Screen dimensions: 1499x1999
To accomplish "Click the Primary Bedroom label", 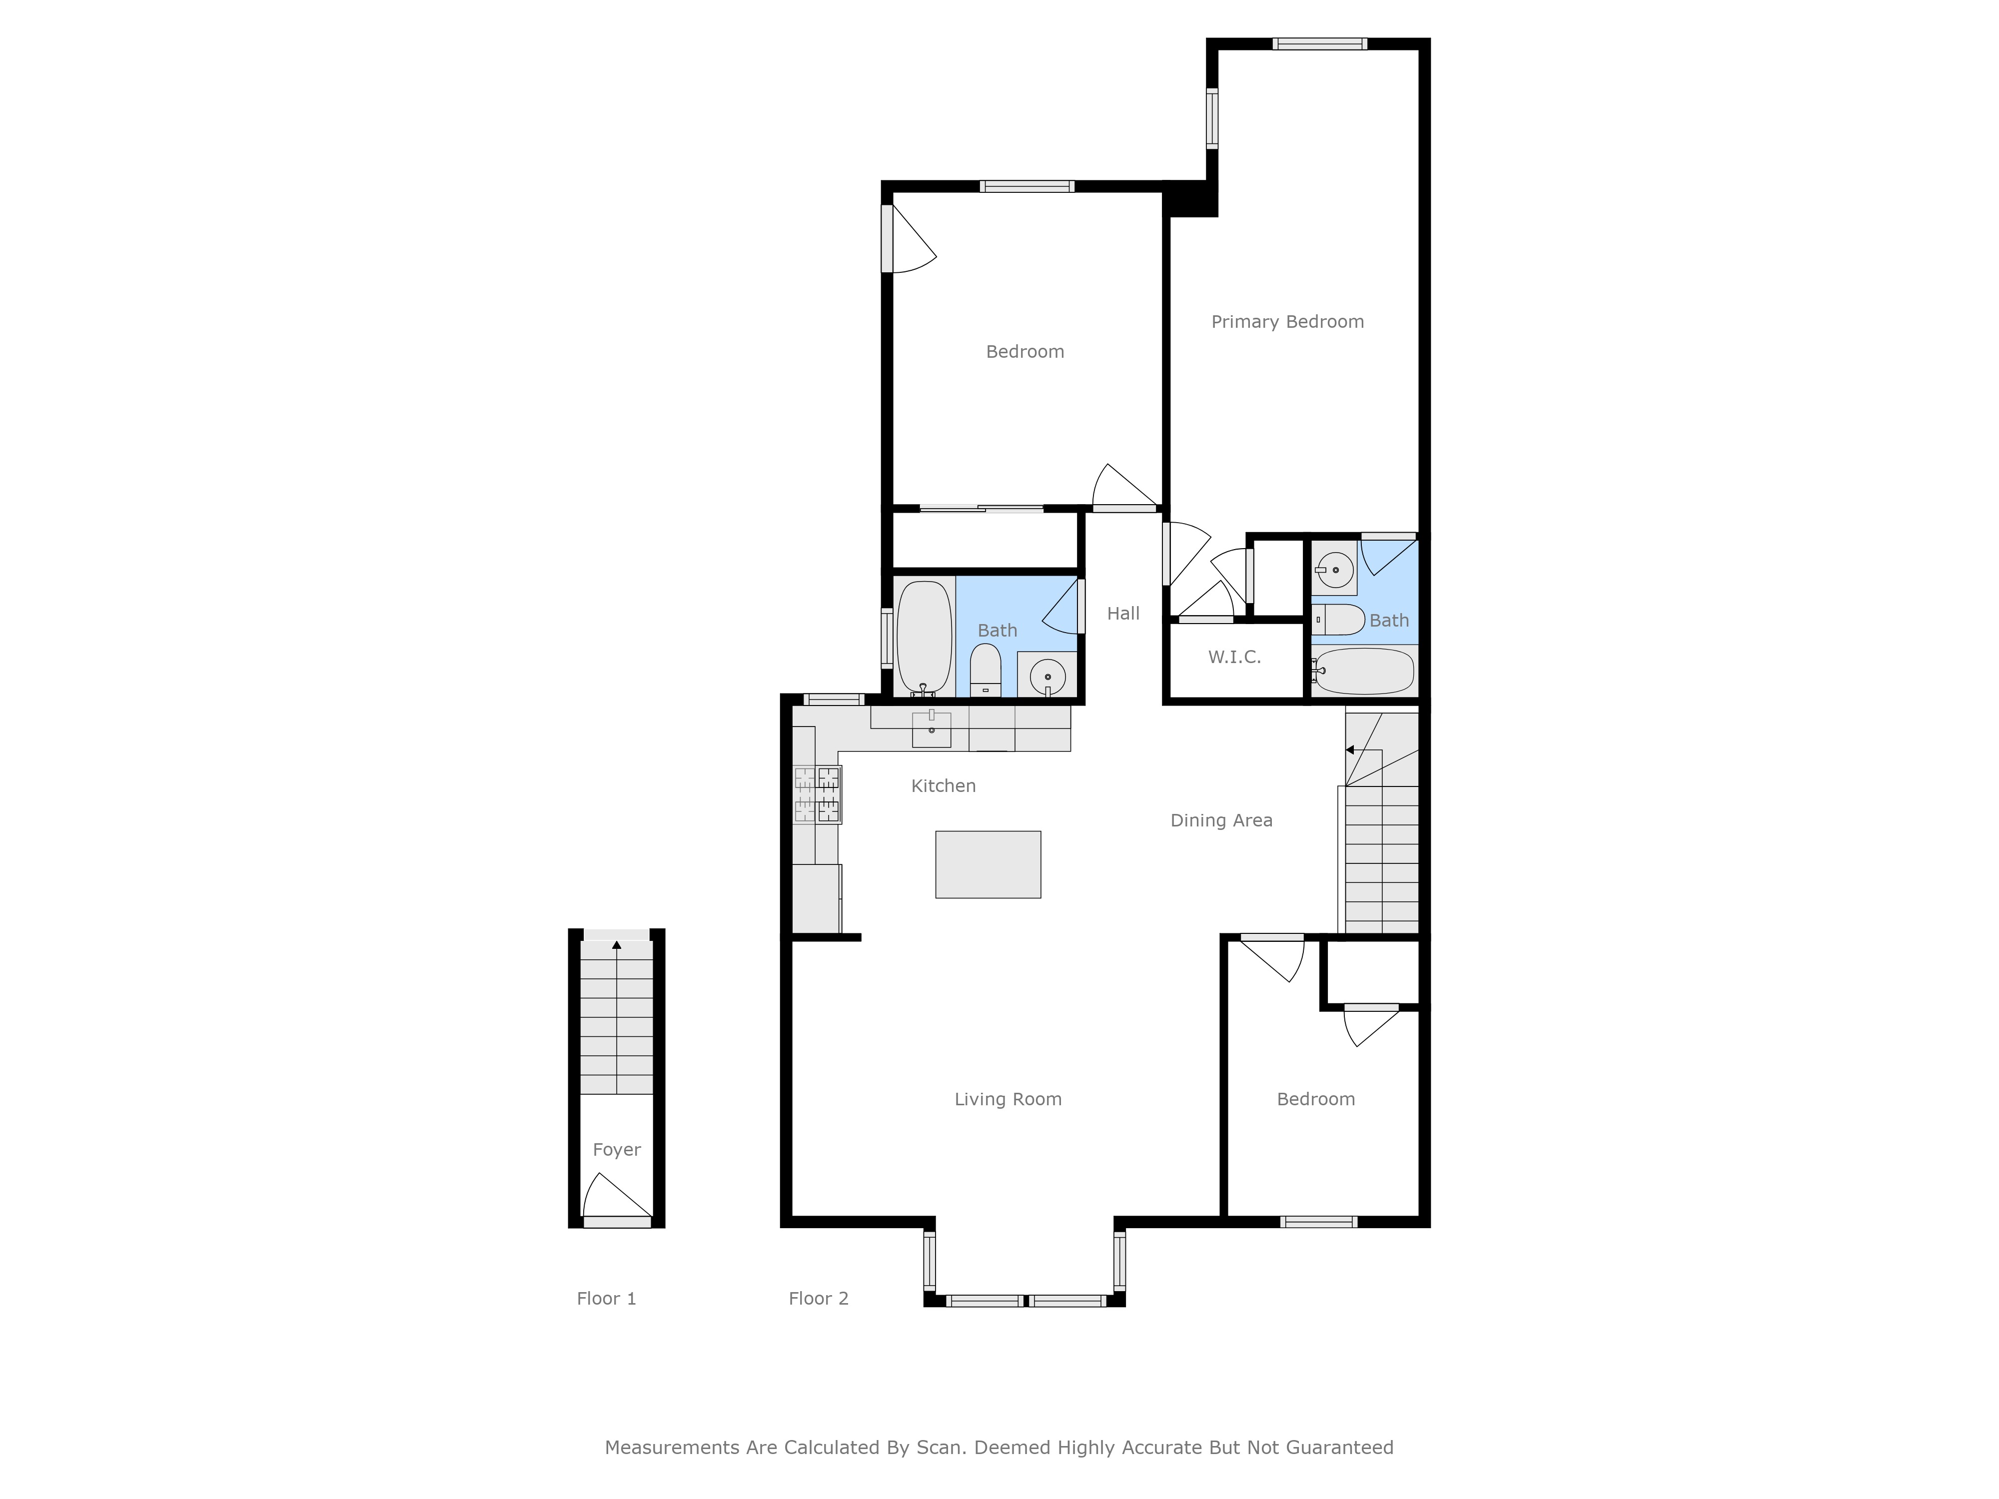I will click(1287, 322).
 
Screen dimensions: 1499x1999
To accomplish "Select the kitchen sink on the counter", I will click(931, 729).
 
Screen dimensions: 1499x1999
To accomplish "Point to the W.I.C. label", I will click(1234, 657).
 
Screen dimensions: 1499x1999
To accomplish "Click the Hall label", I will click(1123, 614).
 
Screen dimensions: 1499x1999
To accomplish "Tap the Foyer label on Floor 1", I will click(616, 1149).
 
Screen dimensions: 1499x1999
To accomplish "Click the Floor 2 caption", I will click(818, 1299).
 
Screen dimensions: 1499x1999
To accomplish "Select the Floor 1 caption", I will click(606, 1299).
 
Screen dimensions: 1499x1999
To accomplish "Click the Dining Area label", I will click(1221, 820).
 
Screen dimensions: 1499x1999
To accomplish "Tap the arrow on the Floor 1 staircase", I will click(616, 945).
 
